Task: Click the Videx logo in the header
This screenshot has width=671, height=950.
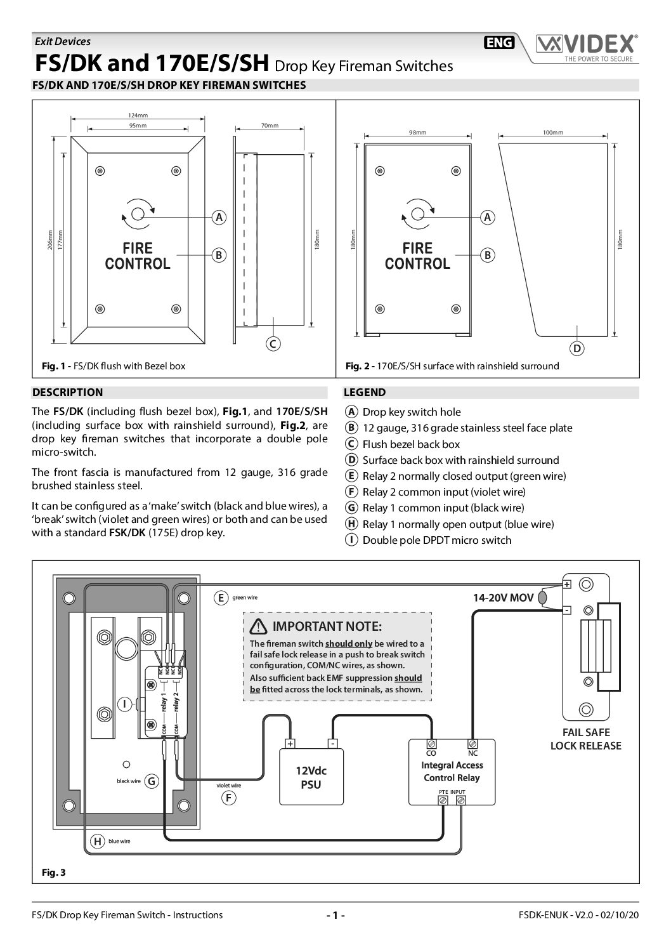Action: click(585, 46)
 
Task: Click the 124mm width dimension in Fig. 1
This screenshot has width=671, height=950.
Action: click(138, 115)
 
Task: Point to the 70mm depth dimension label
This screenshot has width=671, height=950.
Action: click(270, 126)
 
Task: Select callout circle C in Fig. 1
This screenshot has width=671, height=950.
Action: click(272, 344)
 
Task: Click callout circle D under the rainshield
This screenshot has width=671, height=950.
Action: click(577, 348)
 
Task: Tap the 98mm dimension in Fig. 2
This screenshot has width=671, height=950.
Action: click(417, 133)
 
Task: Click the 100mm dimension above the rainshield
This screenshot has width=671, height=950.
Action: click(553, 133)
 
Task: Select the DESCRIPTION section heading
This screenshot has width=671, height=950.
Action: click(68, 392)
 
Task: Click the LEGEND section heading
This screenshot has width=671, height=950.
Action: click(365, 392)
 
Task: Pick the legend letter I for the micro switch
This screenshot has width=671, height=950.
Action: click(350, 540)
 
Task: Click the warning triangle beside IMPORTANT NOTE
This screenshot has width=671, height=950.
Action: click(258, 627)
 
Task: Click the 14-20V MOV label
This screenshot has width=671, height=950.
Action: click(503, 598)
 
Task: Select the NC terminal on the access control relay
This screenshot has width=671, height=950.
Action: click(472, 744)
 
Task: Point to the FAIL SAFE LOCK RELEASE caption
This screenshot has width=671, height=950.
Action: click(585, 739)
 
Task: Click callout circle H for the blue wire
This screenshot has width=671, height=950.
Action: click(97, 841)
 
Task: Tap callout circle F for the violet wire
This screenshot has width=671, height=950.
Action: click(228, 798)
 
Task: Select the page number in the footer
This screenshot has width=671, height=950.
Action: click(335, 915)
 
